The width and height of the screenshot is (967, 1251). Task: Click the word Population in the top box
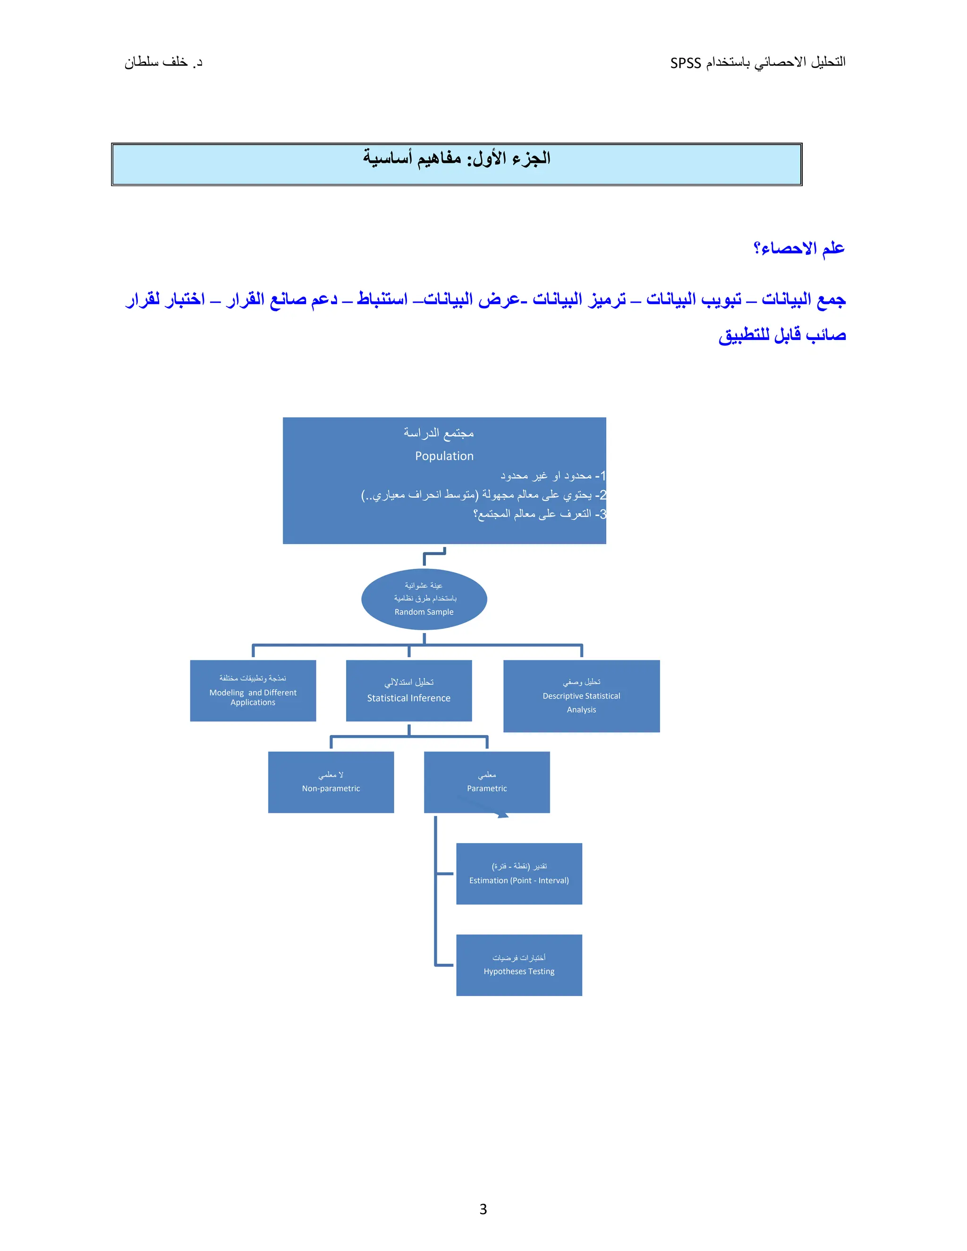click(444, 456)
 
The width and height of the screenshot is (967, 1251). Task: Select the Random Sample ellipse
click(424, 599)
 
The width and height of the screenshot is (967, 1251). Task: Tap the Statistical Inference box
click(408, 690)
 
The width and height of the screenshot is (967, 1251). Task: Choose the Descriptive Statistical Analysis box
click(581, 696)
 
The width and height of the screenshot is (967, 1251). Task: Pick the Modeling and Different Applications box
click(253, 690)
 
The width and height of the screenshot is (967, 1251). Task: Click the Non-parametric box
click(331, 782)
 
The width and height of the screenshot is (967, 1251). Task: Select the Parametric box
click(486, 782)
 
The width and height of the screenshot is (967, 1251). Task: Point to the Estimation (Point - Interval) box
click(518, 873)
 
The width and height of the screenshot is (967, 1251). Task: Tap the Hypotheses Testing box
click(518, 965)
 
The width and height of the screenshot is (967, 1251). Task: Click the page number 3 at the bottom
click(483, 1209)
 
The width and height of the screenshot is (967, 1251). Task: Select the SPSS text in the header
click(685, 63)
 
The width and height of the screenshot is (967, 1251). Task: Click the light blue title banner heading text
click(456, 158)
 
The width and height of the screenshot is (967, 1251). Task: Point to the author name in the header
click(163, 62)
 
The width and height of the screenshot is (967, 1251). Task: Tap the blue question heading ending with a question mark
click(798, 248)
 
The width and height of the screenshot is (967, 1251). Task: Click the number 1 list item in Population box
click(553, 475)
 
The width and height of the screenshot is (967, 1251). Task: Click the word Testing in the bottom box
click(541, 972)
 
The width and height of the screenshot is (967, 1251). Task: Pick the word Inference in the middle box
click(430, 698)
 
